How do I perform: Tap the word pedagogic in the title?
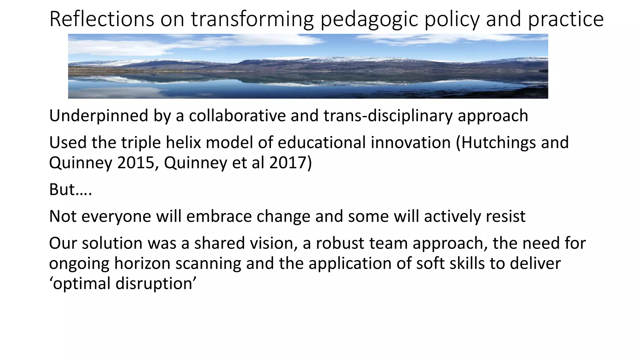369,19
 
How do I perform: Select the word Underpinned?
98,116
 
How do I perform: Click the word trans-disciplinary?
388,116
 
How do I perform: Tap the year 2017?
290,163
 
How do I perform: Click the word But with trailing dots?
71,189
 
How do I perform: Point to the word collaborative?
237,116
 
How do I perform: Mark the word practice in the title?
566,19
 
